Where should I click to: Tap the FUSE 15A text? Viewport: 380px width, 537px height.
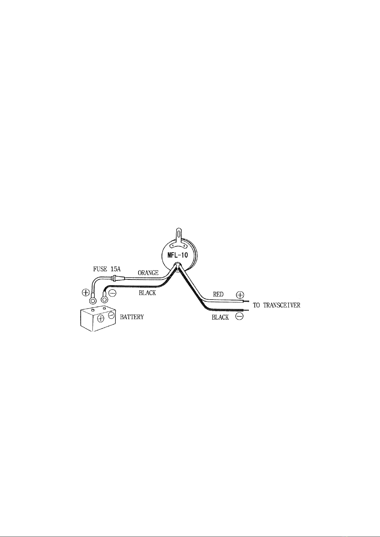[x=107, y=269]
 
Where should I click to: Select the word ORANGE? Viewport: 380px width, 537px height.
[x=148, y=272]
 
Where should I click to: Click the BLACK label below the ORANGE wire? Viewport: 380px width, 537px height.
[x=147, y=293]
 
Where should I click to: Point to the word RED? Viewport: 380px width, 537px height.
[x=218, y=294]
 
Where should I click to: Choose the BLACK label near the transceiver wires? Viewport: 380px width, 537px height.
[x=220, y=317]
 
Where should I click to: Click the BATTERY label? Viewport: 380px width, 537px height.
[x=132, y=317]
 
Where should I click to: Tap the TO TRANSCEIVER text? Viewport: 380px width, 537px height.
[x=277, y=305]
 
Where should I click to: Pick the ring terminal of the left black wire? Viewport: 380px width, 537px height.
[x=105, y=299]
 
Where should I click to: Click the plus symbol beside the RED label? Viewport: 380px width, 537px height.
[x=240, y=295]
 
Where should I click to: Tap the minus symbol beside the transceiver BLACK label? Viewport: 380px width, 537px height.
[x=239, y=316]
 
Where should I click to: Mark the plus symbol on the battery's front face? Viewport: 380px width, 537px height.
[x=101, y=318]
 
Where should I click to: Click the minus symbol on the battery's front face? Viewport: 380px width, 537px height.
[x=111, y=315]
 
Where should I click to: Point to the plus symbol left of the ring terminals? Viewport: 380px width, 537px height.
[x=85, y=293]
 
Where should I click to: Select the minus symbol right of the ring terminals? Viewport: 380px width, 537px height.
[x=113, y=293]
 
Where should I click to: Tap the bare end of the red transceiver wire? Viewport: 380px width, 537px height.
[x=246, y=301]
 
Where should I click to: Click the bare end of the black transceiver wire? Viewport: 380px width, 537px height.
[x=246, y=310]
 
